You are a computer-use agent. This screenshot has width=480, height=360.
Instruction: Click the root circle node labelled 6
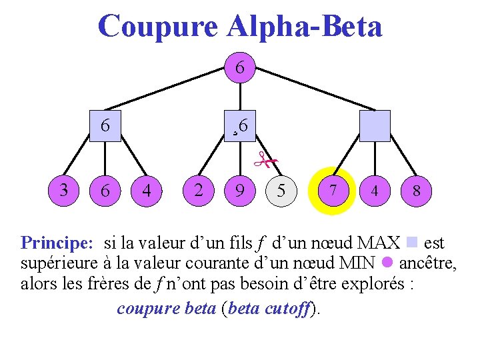pyautogui.click(x=241, y=69)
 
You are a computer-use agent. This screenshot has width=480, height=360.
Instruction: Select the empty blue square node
pyautogui.click(x=374, y=126)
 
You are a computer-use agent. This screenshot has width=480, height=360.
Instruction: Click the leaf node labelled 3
pyautogui.click(x=63, y=190)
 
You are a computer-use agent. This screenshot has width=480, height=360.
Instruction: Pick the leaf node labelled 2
pyautogui.click(x=199, y=190)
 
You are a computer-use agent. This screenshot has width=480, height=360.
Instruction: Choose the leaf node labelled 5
pyautogui.click(x=281, y=191)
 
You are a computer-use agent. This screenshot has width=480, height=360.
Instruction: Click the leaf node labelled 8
pyautogui.click(x=416, y=191)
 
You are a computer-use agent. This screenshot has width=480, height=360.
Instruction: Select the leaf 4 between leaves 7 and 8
pyautogui.click(x=375, y=191)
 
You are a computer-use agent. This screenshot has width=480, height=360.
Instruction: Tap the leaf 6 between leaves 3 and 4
pyautogui.click(x=105, y=191)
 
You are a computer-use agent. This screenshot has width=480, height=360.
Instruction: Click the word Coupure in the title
pyautogui.click(x=157, y=27)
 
